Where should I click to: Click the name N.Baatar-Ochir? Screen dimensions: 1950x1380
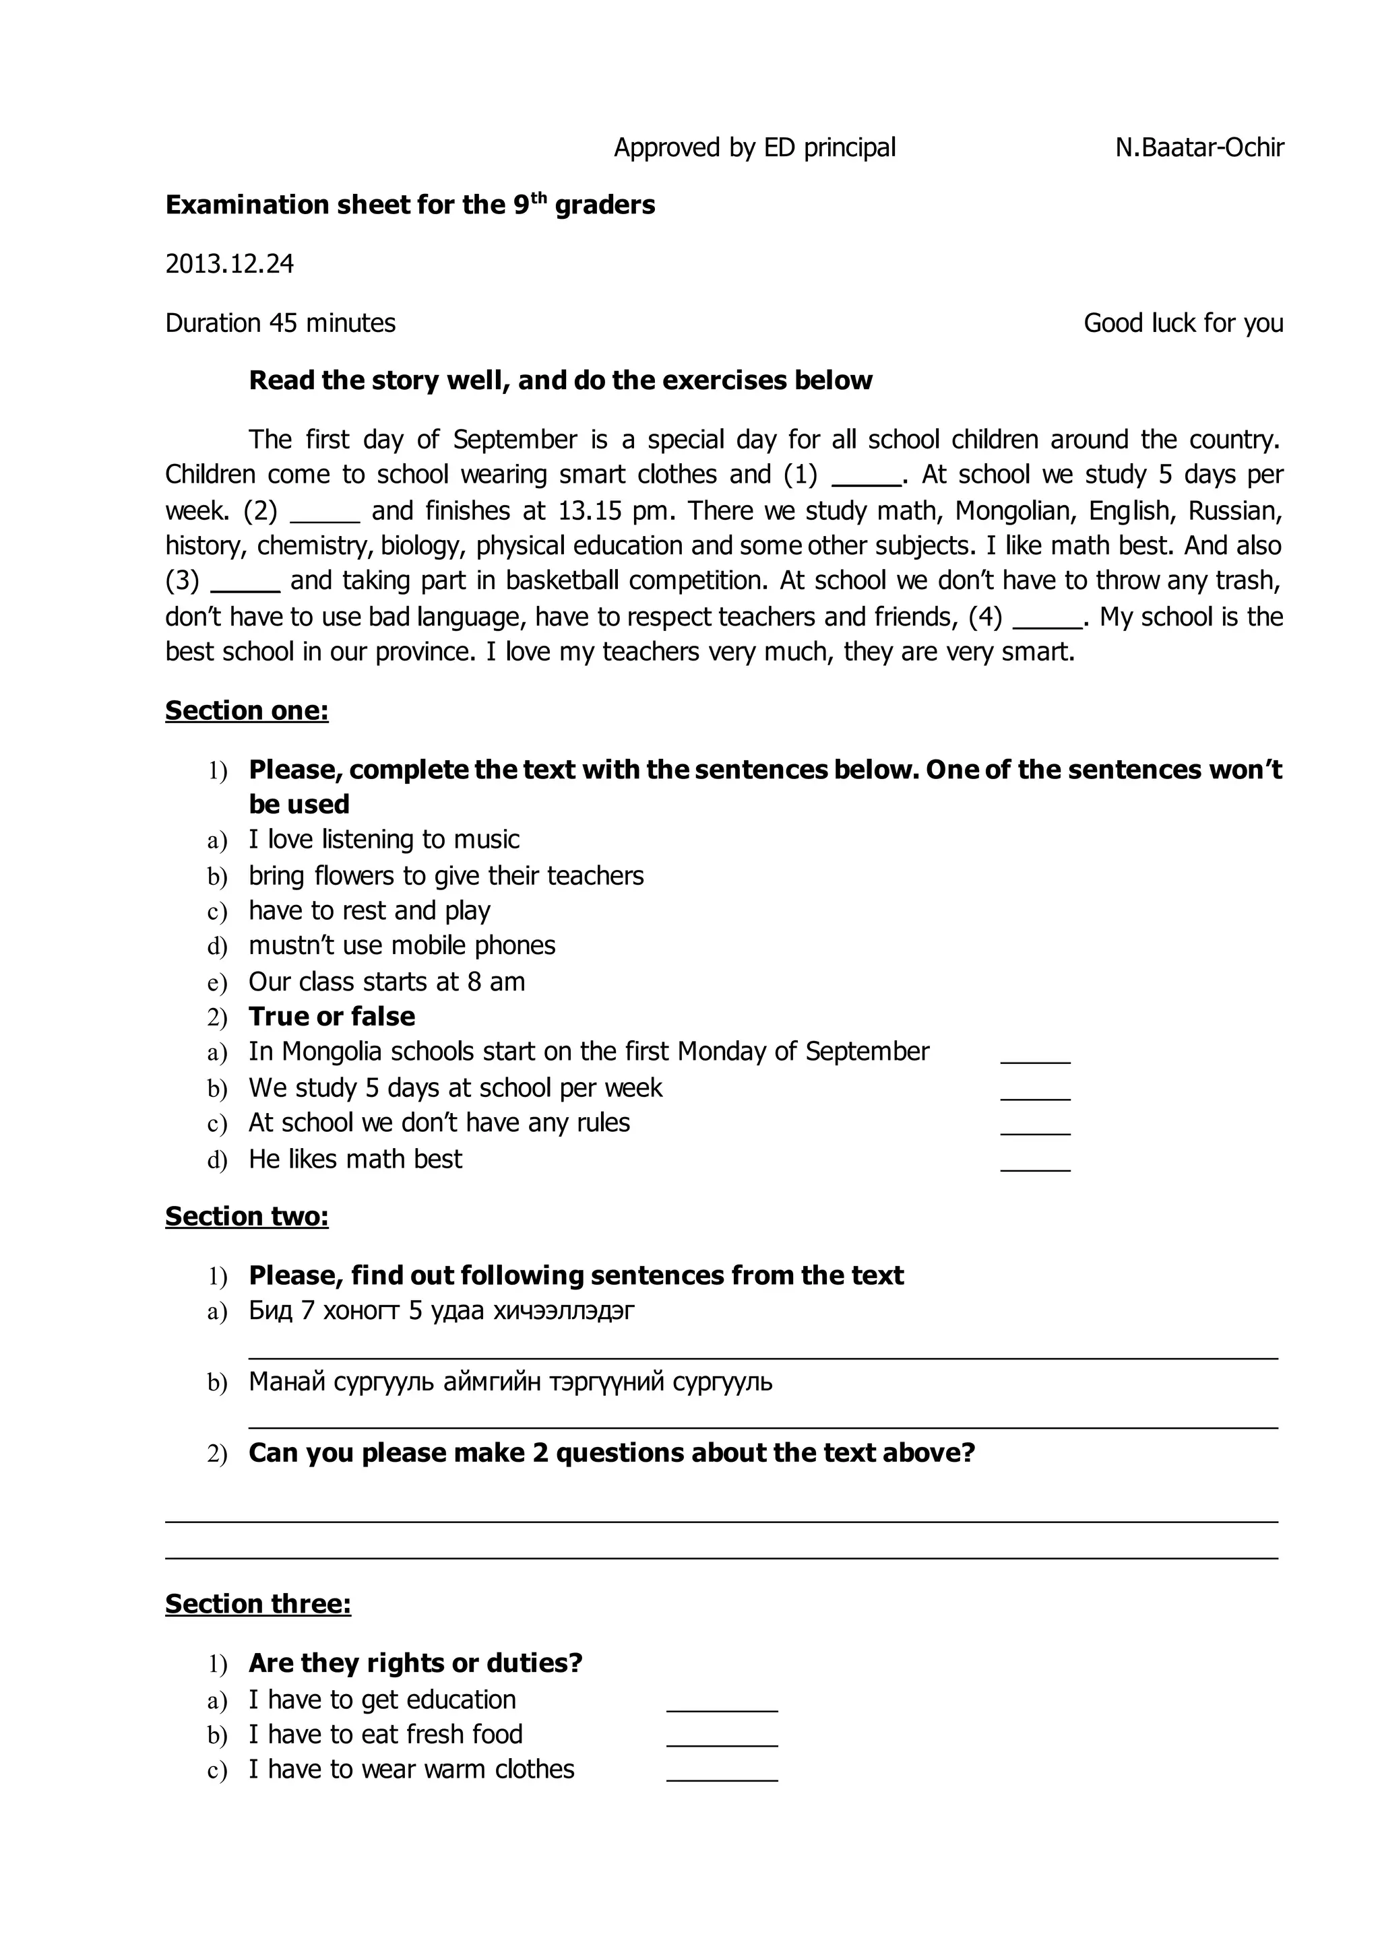click(1199, 147)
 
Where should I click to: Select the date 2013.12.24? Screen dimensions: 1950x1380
click(229, 264)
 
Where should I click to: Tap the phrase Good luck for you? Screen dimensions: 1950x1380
click(1183, 324)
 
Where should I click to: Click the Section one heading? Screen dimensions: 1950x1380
click(247, 710)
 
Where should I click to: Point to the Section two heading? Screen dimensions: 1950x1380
click(247, 1216)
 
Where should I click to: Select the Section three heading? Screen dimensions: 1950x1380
click(257, 1603)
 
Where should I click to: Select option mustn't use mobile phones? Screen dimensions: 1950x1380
click(402, 945)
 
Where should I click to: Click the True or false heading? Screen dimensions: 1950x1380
click(332, 1017)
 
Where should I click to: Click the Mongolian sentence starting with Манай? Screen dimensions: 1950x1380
click(510, 1382)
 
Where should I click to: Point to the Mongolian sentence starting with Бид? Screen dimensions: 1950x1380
click(441, 1310)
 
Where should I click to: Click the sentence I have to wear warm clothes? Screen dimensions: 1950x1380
click(411, 1769)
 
